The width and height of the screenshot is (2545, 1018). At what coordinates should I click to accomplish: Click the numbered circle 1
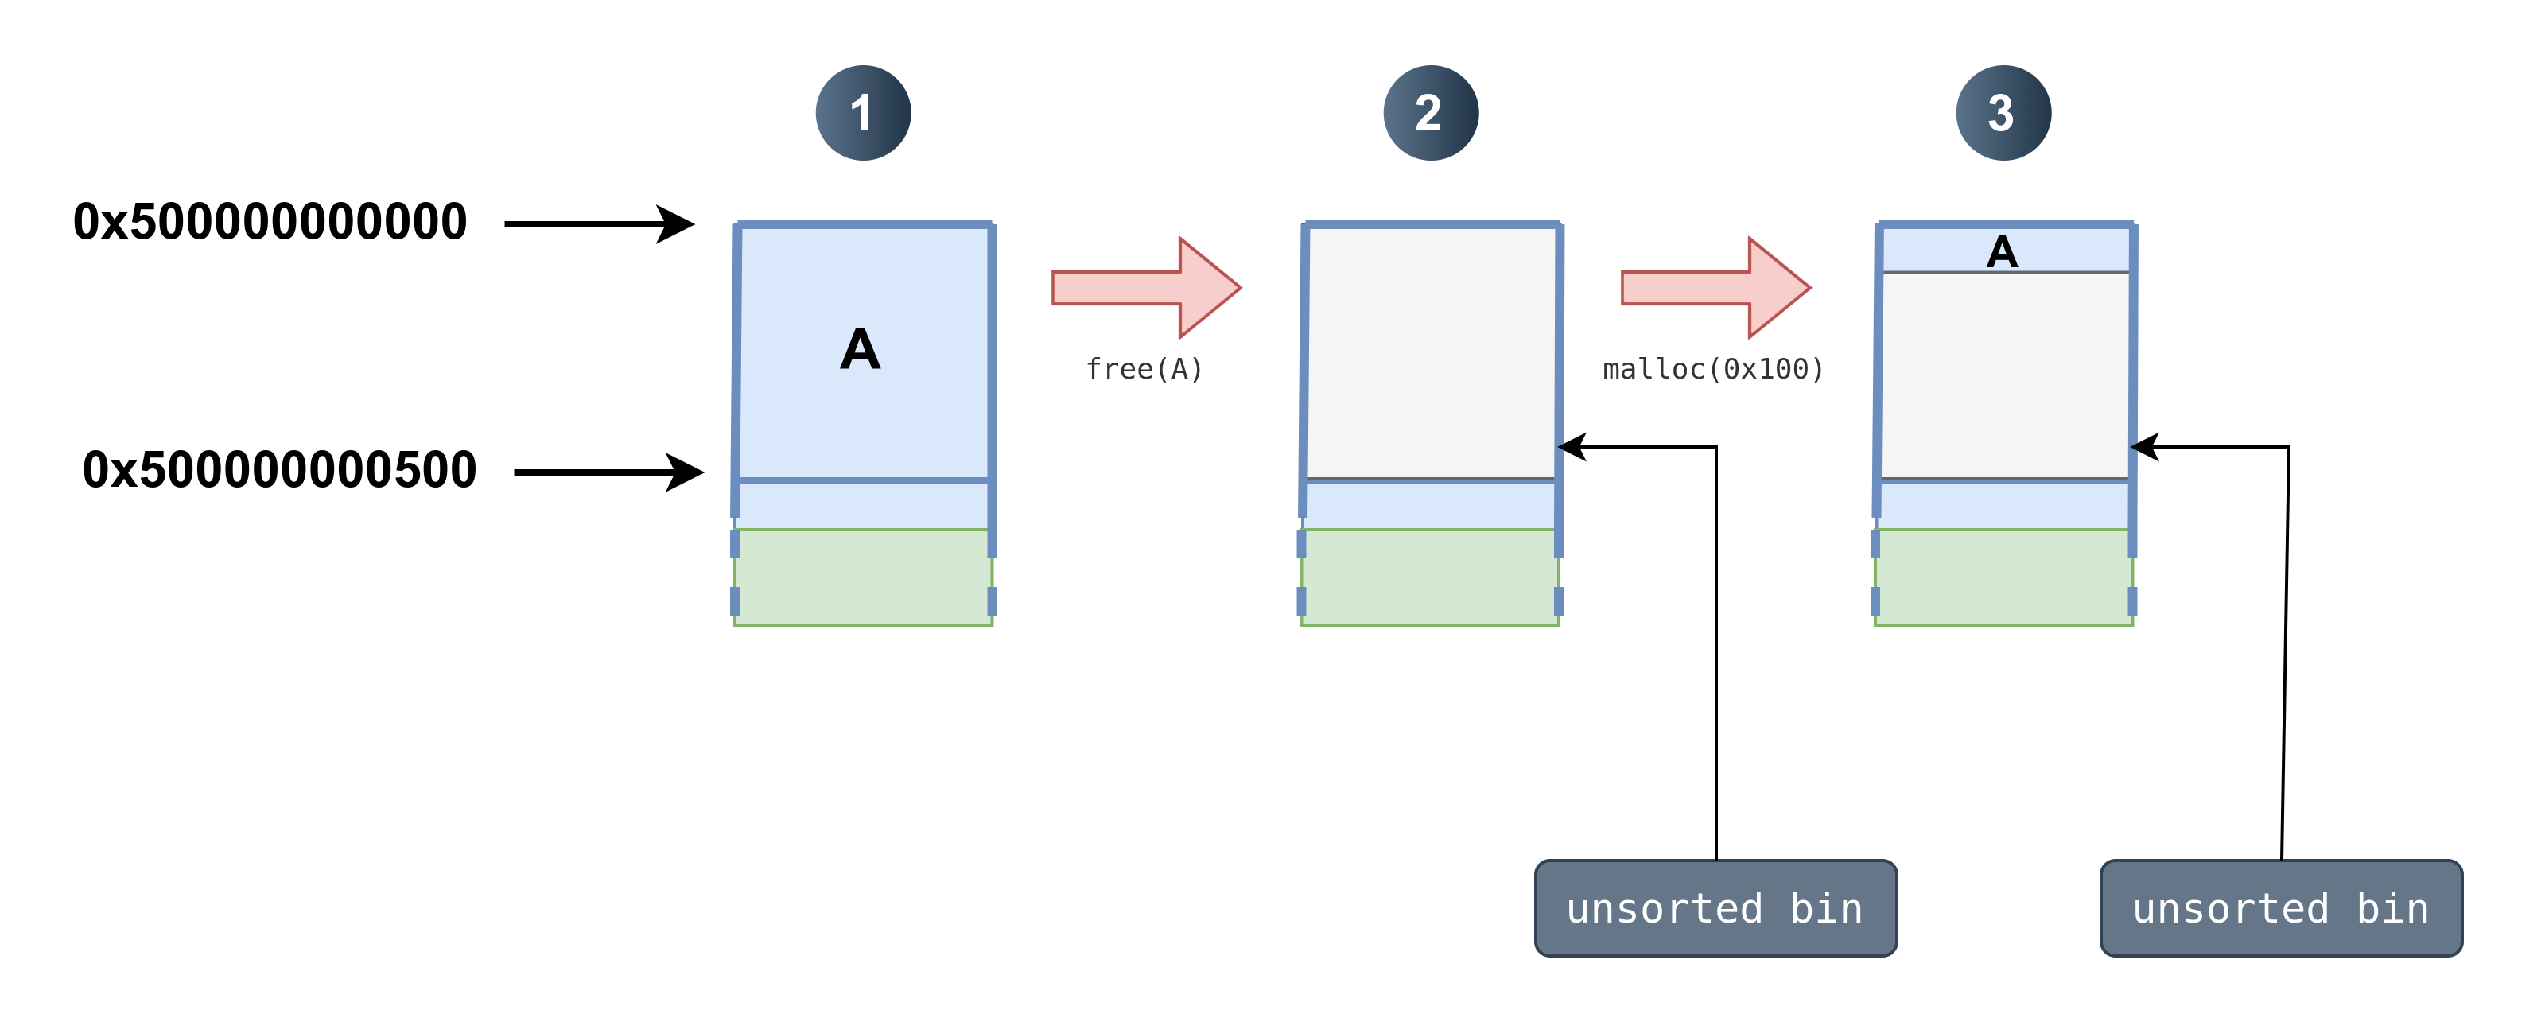pyautogui.click(x=862, y=113)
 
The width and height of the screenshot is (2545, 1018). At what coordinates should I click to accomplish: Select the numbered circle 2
pyautogui.click(x=1431, y=113)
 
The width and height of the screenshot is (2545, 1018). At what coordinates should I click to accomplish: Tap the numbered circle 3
pyautogui.click(x=2003, y=113)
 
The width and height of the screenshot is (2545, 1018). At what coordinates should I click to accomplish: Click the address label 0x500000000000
pyautogui.click(x=270, y=221)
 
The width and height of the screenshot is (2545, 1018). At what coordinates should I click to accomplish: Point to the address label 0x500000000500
pyautogui.click(x=280, y=469)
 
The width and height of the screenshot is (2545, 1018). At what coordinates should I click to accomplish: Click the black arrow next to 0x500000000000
pyautogui.click(x=600, y=224)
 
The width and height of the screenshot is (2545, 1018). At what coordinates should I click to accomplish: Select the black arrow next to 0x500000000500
pyautogui.click(x=609, y=472)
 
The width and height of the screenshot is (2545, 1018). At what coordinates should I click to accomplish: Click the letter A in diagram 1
pyautogui.click(x=860, y=349)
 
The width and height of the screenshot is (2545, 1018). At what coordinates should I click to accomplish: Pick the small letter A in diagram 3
pyautogui.click(x=2002, y=252)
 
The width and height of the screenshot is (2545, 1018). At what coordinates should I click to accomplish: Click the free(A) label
pyautogui.click(x=1144, y=369)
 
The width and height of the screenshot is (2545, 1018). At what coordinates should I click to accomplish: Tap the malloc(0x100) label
pyautogui.click(x=1713, y=369)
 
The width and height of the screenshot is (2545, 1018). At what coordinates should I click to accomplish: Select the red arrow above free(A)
pyautogui.click(x=1146, y=288)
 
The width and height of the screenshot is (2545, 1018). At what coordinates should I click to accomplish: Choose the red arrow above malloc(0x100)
pyautogui.click(x=1715, y=288)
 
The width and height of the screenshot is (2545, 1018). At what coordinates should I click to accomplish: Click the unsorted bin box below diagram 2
pyautogui.click(x=1715, y=908)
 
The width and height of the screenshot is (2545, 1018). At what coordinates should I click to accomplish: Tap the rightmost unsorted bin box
pyautogui.click(x=2281, y=908)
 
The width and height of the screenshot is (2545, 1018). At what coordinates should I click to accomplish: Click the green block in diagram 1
pyautogui.click(x=862, y=577)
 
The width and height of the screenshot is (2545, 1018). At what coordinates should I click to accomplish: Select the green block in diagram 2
pyautogui.click(x=1430, y=577)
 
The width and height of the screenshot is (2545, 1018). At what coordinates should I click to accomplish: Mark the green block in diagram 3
pyautogui.click(x=2003, y=577)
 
